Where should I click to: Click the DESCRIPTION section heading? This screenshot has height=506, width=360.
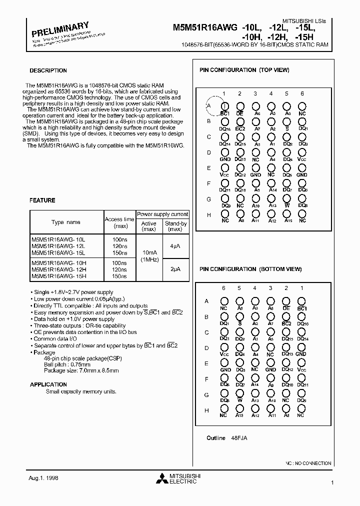coord(48,70)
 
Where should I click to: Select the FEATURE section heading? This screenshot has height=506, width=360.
coord(42,200)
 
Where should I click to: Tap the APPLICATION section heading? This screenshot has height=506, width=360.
coord(48,384)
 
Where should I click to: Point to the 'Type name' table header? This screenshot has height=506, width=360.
coord(66,222)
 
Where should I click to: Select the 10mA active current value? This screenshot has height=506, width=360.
coord(149,252)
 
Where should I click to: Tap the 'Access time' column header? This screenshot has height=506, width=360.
coord(119,222)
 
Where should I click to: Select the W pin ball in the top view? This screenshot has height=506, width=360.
coord(286,199)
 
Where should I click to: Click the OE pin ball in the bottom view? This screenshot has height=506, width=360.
coord(286,301)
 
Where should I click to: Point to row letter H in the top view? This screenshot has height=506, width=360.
coord(208,214)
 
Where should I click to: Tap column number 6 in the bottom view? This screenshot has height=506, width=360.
coord(224,288)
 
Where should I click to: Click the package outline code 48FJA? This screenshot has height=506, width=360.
coord(239,438)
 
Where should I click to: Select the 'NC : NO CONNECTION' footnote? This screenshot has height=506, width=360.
coord(308,463)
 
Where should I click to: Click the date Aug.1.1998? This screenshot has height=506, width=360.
coord(43,478)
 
